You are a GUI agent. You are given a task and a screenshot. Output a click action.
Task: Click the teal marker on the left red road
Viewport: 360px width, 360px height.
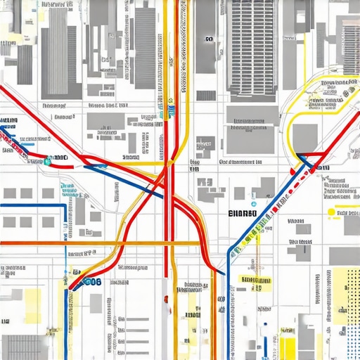pos(47,161)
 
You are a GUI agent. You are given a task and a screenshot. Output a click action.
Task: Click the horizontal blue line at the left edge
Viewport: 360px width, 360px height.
pos(32,206)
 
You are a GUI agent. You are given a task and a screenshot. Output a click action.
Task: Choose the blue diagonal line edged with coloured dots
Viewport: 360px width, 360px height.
pos(260,218)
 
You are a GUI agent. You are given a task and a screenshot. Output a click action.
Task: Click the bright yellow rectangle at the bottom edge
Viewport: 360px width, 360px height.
pos(288,349)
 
